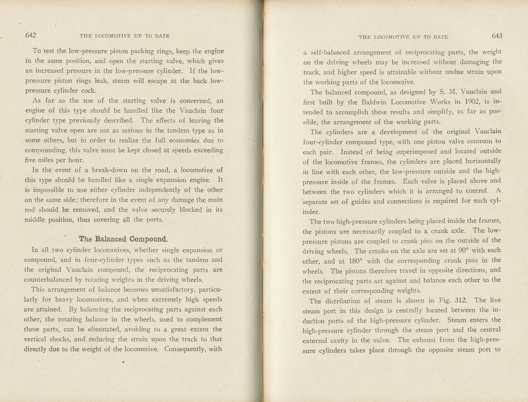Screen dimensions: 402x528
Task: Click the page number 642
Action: pos(31,36)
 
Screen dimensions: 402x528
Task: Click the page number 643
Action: pos(497,36)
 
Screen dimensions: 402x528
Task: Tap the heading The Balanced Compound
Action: pos(123,239)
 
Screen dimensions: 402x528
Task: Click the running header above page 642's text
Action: pos(125,36)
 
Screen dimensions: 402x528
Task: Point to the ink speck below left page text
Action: pos(123,362)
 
